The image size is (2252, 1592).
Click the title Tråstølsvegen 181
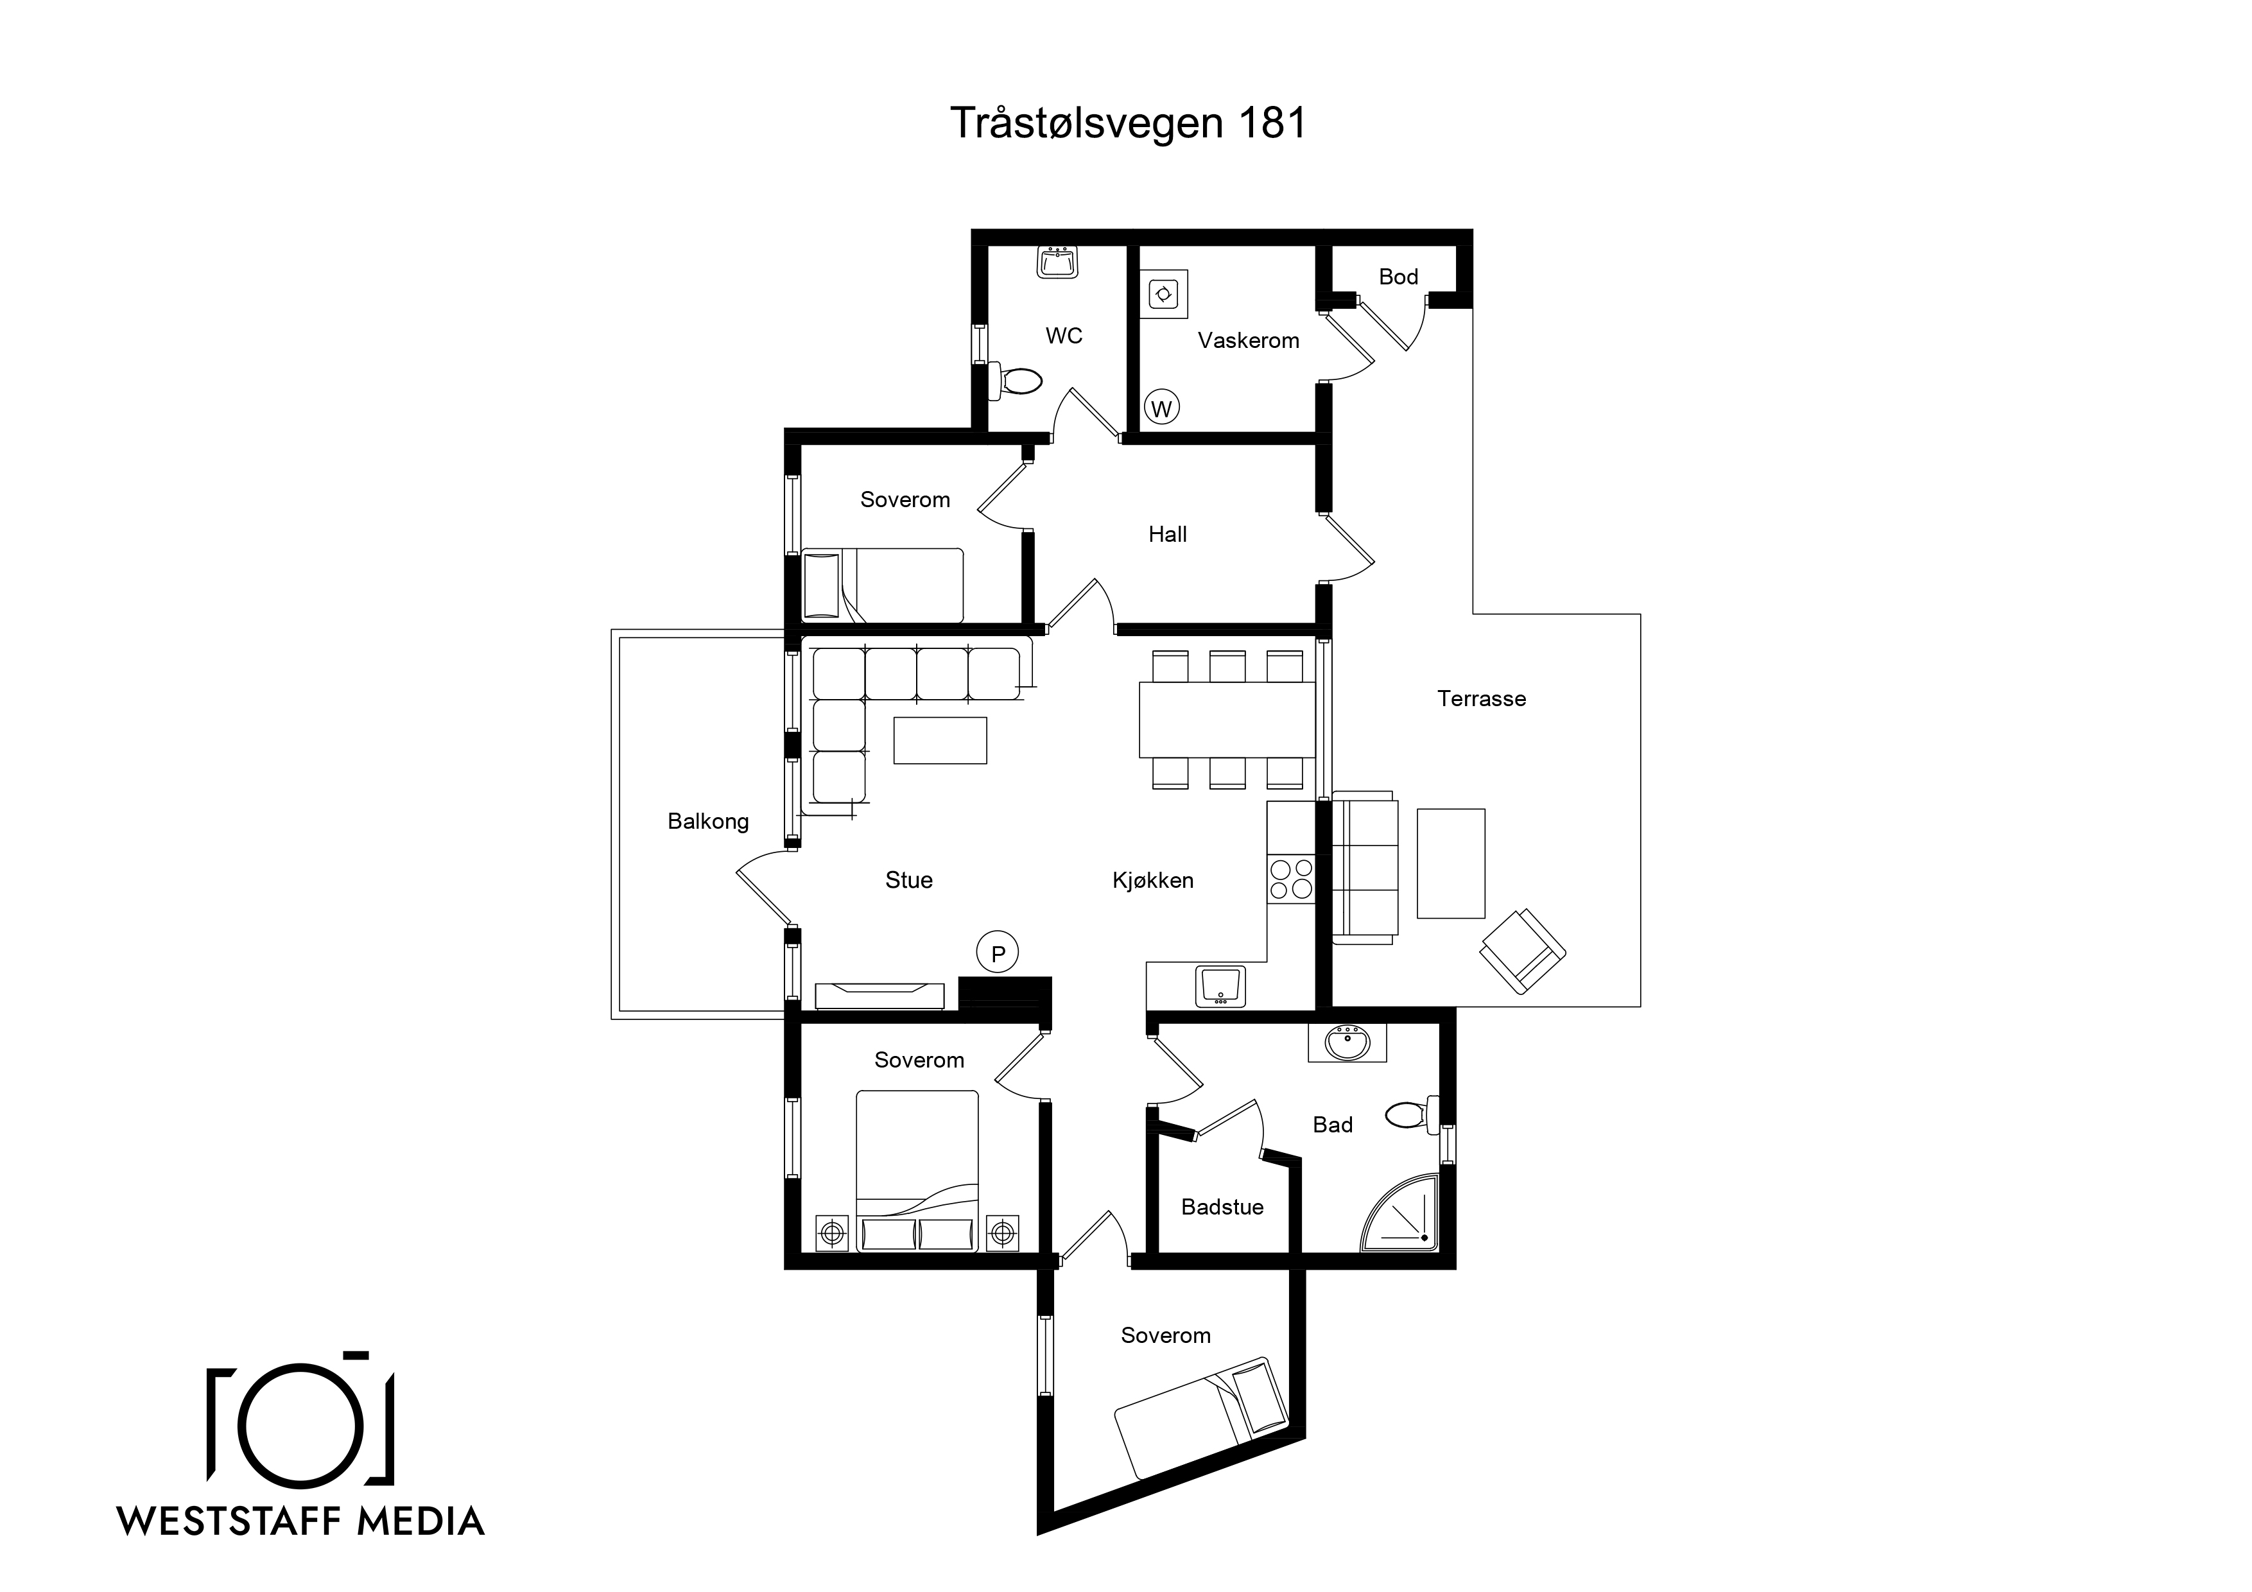(1128, 124)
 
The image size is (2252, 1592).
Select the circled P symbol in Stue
(998, 953)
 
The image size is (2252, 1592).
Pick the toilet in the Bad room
(1412, 1114)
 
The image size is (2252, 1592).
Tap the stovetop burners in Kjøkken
(1291, 879)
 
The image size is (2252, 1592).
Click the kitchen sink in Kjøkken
(1220, 986)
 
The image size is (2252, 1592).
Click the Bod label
(1399, 277)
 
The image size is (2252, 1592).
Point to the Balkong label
(708, 822)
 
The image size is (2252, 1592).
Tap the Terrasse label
(1481, 698)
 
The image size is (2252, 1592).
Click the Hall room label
(1167, 535)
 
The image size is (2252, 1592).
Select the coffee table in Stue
(940, 740)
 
